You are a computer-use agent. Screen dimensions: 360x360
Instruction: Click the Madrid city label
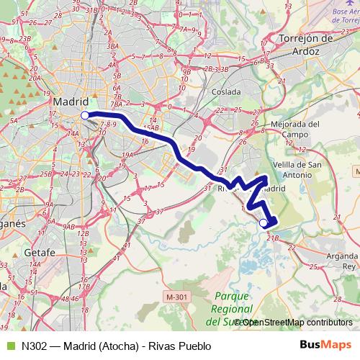tap(70, 102)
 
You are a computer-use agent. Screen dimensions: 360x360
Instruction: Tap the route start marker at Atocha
tap(85, 114)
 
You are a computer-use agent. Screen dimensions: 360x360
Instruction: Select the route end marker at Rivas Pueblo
tap(263, 223)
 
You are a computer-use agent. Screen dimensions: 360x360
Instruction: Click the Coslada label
tap(226, 92)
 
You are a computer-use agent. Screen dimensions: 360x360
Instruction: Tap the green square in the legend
tap(9, 345)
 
